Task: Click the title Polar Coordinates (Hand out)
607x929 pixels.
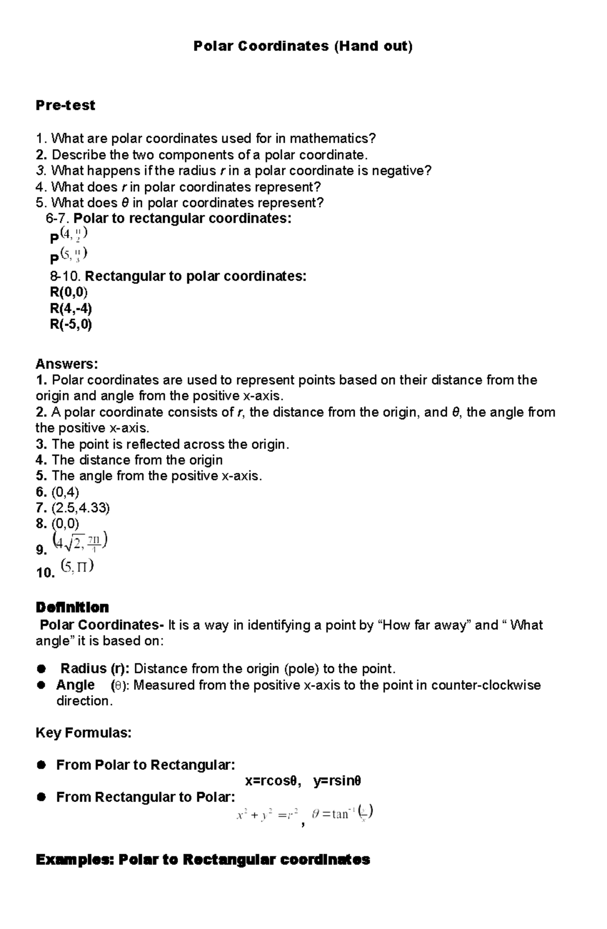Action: point(303,47)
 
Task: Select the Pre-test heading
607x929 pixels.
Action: point(65,105)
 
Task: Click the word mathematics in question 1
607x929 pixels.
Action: point(332,138)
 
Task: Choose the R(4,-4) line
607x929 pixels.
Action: point(71,308)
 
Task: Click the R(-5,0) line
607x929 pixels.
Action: point(71,325)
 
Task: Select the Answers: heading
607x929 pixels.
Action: point(66,364)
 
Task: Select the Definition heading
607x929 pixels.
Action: point(72,608)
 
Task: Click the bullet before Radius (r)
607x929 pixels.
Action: point(41,669)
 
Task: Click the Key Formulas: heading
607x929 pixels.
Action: point(83,733)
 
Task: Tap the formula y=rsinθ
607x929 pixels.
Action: point(337,781)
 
